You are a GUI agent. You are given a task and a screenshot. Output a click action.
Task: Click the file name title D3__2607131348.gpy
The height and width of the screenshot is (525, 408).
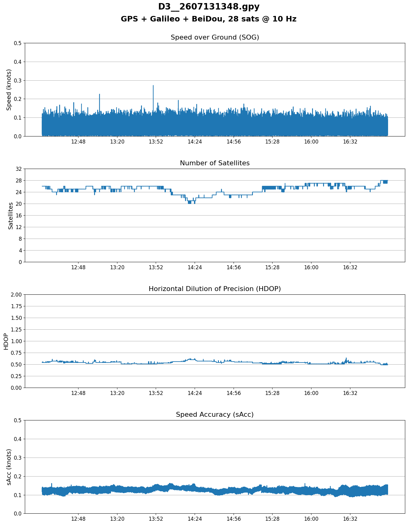tap(209, 7)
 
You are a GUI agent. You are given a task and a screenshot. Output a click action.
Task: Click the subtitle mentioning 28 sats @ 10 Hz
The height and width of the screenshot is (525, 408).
tap(209, 19)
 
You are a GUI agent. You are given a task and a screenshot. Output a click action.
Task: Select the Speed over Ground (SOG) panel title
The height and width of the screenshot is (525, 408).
tap(215, 37)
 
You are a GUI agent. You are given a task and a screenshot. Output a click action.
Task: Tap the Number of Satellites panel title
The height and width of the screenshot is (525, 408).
tap(215, 163)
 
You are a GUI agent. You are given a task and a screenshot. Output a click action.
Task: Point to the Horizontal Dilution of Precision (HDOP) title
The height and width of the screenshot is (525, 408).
tap(215, 289)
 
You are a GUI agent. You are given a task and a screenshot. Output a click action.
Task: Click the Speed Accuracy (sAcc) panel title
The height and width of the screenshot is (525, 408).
tap(215, 415)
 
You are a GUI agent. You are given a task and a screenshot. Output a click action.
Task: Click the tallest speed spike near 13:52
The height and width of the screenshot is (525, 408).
tap(153, 86)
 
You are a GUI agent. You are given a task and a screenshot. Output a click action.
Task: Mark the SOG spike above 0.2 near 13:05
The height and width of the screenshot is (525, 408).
tap(100, 94)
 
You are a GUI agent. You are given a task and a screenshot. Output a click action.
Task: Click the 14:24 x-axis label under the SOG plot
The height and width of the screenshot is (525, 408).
tap(195, 142)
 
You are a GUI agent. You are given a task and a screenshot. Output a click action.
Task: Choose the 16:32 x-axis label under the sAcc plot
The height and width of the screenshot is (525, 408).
tap(350, 519)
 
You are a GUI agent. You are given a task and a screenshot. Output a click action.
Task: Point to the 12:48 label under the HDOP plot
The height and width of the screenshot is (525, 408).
tap(78, 393)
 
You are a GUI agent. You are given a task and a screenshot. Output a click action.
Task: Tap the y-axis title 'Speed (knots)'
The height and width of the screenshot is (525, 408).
tap(9, 90)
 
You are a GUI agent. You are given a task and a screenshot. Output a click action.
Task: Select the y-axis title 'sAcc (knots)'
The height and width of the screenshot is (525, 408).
tap(9, 467)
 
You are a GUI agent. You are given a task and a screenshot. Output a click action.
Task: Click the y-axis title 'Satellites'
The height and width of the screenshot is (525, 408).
tap(11, 215)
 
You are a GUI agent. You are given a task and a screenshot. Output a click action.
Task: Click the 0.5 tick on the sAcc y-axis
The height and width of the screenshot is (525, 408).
tap(18, 420)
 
